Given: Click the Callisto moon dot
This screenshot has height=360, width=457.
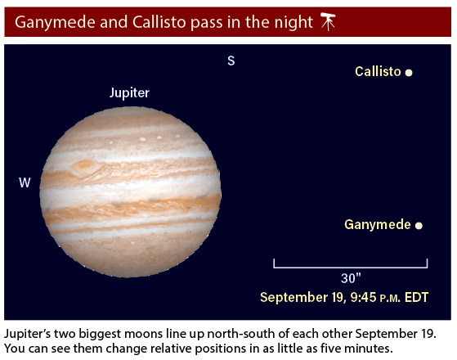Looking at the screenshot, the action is [409, 72].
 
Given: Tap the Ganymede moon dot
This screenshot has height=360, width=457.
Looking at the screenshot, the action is [419, 226].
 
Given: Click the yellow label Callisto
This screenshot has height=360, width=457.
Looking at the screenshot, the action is [378, 71].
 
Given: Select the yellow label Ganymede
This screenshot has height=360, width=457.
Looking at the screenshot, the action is [378, 225].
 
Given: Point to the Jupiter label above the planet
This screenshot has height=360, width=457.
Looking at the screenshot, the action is [129, 93].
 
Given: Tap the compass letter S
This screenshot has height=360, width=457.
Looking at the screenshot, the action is [231, 61].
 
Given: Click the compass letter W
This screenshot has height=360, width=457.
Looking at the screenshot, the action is [25, 182].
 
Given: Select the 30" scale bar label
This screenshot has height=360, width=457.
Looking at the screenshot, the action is [351, 278].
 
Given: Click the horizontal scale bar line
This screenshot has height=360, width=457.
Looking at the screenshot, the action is [351, 267].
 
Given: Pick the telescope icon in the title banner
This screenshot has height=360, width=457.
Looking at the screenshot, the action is [328, 21].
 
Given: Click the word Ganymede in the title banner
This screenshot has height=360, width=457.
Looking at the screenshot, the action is [55, 23].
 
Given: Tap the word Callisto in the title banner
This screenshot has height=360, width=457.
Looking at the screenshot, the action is [159, 22].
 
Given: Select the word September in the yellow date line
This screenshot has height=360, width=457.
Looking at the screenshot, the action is [293, 298].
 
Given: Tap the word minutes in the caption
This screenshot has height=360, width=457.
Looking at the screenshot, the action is [369, 349].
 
